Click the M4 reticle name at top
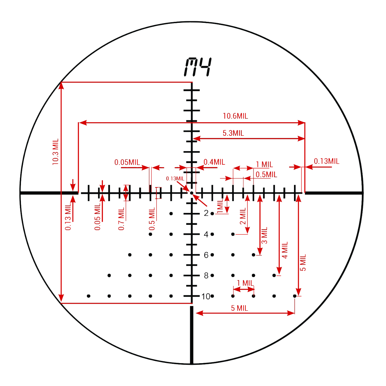pos(198,67)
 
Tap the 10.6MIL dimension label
pos(235,116)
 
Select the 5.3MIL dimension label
pos(233,133)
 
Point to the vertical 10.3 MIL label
pos(55,152)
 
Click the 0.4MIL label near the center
pos(214,162)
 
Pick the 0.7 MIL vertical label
pos(121,219)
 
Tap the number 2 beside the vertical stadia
pos(206,213)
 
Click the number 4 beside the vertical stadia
pos(206,234)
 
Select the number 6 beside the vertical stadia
pos(206,255)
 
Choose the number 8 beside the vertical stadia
pos(206,276)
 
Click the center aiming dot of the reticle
pos(192,193)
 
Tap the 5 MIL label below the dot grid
pos(240,308)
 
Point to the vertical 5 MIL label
pos(303,262)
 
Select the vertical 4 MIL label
pos(285,250)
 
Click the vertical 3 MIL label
pos(264,235)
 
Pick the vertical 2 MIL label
pos(243,216)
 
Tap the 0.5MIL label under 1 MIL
pos(266,174)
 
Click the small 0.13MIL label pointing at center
pos(175,179)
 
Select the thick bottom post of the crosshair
pos(192,335)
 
